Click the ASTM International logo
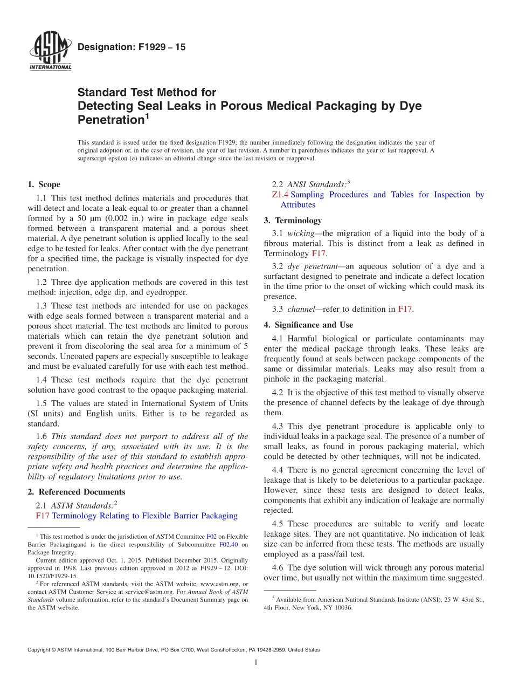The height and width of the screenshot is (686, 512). click(50, 52)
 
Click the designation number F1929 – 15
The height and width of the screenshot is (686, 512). click(132, 47)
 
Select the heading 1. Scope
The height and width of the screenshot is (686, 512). click(44, 184)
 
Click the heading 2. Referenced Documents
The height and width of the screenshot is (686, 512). click(77, 492)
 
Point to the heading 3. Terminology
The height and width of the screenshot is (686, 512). click(293, 221)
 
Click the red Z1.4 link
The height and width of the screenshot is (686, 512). click(281, 195)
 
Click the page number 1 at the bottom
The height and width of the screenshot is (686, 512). click(256, 662)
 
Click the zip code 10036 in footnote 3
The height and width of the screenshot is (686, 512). click(343, 607)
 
